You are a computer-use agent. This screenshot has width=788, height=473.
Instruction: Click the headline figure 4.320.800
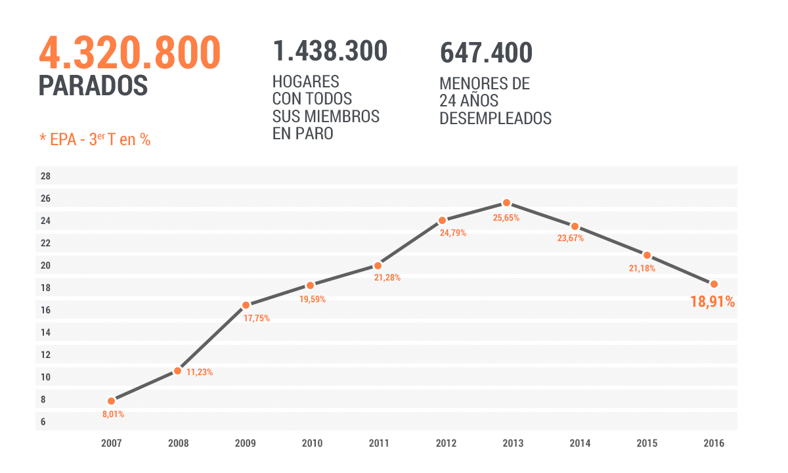click(x=129, y=54)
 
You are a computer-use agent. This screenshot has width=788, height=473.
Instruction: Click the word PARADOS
click(x=93, y=86)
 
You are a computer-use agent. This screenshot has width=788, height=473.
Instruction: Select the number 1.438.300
click(x=330, y=51)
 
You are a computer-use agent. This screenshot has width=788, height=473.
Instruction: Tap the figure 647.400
click(x=486, y=53)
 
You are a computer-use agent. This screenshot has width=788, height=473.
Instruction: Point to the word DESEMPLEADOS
click(x=495, y=119)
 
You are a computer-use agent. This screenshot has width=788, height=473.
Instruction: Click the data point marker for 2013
click(x=506, y=203)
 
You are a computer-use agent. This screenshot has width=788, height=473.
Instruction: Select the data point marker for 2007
click(x=111, y=401)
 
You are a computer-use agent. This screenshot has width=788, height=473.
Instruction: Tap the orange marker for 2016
click(x=714, y=284)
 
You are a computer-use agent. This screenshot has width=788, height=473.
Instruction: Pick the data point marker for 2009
click(x=246, y=305)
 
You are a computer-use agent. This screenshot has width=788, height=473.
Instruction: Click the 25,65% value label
click(x=506, y=218)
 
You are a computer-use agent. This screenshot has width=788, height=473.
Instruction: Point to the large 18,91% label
click(x=712, y=302)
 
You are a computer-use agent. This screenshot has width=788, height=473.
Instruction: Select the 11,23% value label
click(x=200, y=372)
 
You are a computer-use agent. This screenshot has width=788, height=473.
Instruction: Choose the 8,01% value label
click(x=113, y=415)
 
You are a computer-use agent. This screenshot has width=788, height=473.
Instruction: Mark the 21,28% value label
click(x=387, y=278)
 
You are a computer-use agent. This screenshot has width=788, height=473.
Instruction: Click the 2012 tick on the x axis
click(x=446, y=443)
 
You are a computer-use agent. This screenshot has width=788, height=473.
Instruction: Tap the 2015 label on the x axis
click(x=647, y=443)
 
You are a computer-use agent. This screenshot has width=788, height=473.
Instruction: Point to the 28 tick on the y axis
click(x=45, y=176)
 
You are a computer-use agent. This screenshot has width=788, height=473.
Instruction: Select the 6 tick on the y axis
click(x=43, y=422)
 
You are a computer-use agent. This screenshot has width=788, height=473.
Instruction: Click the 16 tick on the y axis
click(x=45, y=310)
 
